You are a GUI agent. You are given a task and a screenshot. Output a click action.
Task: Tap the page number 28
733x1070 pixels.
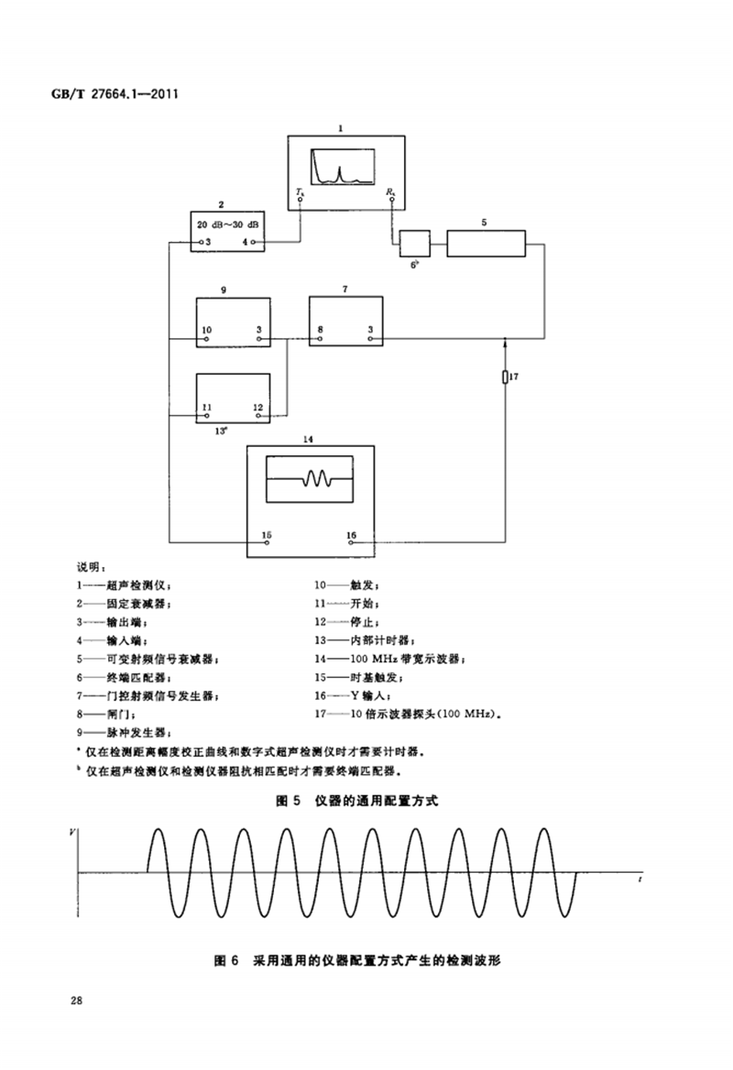[76, 999]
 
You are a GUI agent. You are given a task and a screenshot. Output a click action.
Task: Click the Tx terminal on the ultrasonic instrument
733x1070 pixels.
[300, 193]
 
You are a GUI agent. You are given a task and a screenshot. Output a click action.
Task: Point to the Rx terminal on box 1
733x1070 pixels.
[391, 193]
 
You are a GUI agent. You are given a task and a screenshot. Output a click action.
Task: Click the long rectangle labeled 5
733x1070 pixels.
[487, 245]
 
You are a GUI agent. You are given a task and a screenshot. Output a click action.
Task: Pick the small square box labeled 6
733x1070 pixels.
[415, 245]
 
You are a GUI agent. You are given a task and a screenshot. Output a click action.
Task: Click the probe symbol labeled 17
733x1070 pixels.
[505, 377]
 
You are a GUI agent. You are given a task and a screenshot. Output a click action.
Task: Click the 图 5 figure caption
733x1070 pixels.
[357, 801]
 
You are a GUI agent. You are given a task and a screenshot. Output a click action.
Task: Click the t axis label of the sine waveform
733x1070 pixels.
[640, 878]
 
